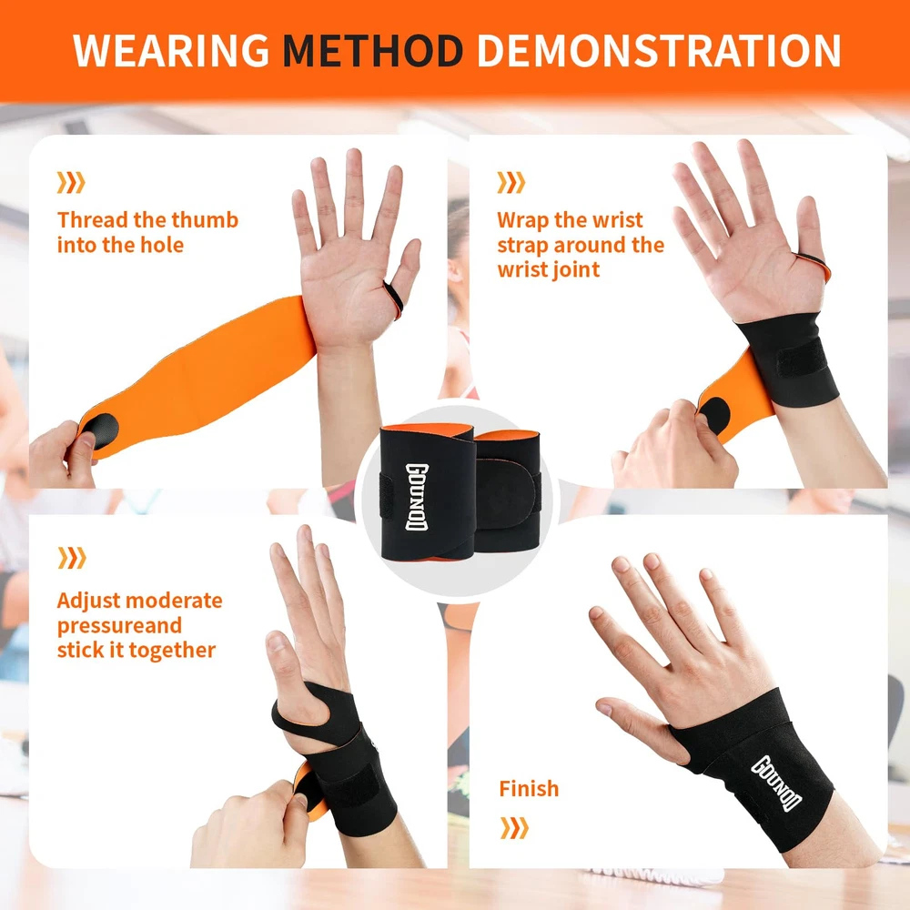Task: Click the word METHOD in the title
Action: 372,50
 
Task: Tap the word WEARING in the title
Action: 171,50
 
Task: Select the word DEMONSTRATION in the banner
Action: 659,50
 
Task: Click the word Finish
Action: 529,789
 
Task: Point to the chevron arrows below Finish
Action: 514,828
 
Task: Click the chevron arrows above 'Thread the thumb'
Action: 71,182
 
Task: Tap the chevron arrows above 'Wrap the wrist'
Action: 511,182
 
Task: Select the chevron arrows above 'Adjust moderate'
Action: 71,558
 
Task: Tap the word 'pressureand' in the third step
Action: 119,626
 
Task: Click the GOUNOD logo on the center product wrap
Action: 416,498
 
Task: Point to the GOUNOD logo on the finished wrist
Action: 776,784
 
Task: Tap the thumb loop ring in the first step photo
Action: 393,298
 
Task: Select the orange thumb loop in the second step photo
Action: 814,267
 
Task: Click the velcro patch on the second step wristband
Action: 802,358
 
